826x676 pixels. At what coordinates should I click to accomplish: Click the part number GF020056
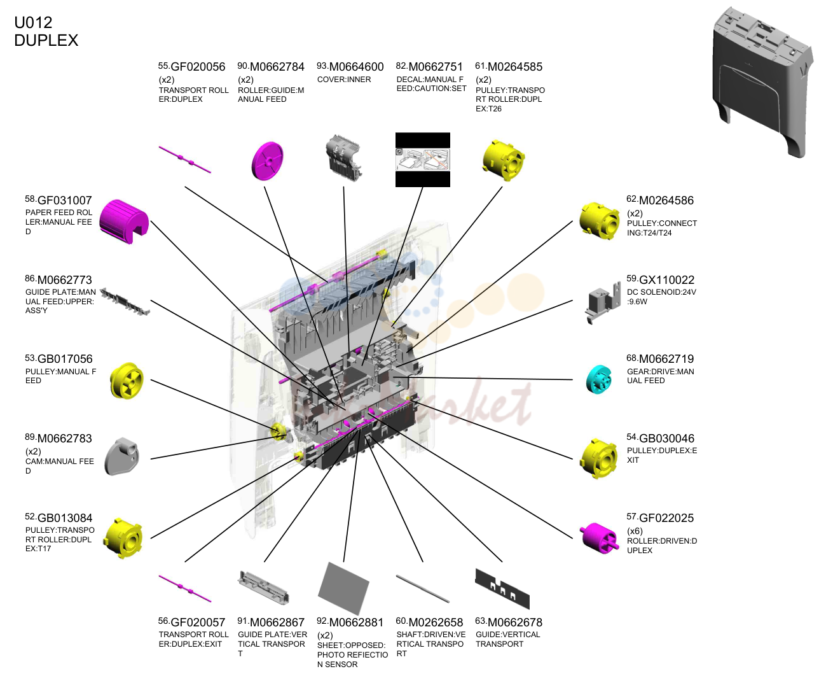(198, 67)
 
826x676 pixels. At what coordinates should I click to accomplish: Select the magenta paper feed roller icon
(124, 222)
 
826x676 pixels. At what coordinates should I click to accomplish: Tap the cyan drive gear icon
(598, 379)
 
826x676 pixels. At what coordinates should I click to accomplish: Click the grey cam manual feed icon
(122, 457)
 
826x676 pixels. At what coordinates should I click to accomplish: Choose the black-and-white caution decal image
(423, 160)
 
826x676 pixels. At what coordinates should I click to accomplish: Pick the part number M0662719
(666, 359)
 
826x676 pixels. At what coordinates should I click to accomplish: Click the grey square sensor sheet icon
(343, 588)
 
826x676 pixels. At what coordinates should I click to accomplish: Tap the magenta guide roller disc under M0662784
(268, 161)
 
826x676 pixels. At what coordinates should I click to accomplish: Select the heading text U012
(33, 22)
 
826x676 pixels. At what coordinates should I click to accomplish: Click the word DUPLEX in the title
(46, 40)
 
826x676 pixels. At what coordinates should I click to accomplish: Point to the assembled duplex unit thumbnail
(762, 82)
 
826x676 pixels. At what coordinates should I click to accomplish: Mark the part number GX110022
(666, 280)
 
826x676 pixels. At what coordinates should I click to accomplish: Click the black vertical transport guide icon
(502, 589)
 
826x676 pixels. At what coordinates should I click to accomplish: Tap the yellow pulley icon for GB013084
(123, 539)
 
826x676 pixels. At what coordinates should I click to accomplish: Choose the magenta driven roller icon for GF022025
(599, 539)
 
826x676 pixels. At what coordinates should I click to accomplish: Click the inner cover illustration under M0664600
(343, 158)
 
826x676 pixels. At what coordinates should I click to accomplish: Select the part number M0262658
(436, 623)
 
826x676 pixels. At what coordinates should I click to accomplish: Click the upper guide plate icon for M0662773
(125, 302)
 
